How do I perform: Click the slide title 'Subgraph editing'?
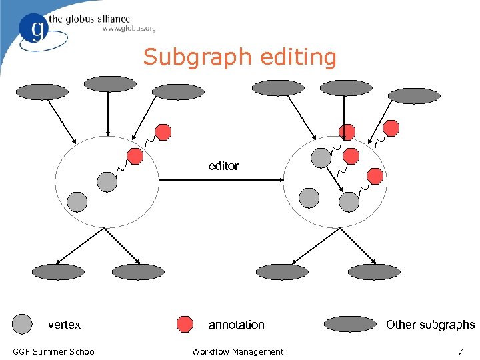240,57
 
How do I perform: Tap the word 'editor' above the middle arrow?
223,165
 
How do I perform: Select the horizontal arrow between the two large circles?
221,179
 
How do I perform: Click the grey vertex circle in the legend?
23,324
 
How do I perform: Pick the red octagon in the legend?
185,324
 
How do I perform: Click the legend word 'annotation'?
236,325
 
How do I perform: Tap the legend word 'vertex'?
64,325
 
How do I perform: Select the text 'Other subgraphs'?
430,325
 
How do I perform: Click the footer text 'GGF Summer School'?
54,351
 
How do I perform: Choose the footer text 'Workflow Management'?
237,351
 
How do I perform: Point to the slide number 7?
460,351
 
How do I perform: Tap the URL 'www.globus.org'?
129,29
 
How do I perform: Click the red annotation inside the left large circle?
135,156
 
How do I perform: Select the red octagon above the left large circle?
163,131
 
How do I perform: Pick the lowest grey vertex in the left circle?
77,201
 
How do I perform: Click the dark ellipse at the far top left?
42,91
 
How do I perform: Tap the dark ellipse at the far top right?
414,96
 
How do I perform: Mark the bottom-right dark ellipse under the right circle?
373,271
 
